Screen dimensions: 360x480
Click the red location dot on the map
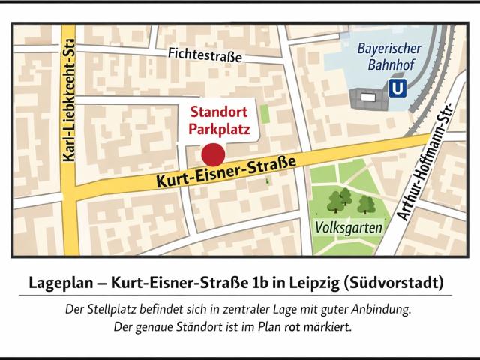[214, 155]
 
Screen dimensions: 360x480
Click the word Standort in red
[218, 113]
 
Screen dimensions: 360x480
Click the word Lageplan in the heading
[61, 284]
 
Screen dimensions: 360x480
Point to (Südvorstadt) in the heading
[394, 284]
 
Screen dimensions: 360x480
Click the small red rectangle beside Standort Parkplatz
[265, 116]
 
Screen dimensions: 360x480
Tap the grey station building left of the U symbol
[367, 97]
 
